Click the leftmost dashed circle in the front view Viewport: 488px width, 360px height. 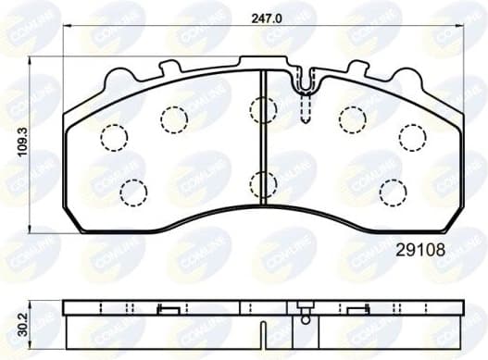click(113, 137)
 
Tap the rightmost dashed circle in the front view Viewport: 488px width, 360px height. click(412, 136)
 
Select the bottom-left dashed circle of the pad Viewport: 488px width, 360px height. click(135, 192)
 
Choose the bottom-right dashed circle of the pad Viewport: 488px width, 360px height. click(393, 192)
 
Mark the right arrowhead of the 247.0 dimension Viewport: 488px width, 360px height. click(465, 27)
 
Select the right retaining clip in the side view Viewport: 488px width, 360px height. click(357, 311)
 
